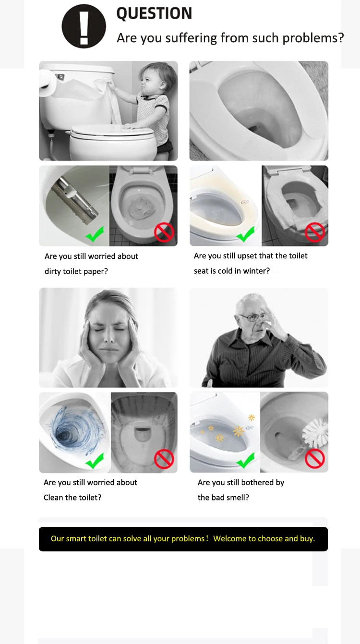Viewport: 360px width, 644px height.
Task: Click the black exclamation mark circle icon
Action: pyautogui.click(x=84, y=26)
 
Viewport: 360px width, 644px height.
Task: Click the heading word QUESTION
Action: pyautogui.click(x=154, y=13)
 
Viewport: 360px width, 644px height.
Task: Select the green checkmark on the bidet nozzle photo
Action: pyautogui.click(x=95, y=234)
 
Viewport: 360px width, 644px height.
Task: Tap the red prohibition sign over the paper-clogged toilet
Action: pyautogui.click(x=164, y=232)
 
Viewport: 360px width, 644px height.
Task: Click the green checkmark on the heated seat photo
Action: pyautogui.click(x=245, y=234)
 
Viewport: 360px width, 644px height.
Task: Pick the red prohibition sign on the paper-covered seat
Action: pyautogui.click(x=314, y=232)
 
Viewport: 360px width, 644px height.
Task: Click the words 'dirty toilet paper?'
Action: pyautogui.click(x=76, y=271)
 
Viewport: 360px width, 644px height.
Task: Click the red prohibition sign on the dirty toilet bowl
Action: pyautogui.click(x=164, y=459)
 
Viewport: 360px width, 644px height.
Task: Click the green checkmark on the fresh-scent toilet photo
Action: pyautogui.click(x=245, y=460)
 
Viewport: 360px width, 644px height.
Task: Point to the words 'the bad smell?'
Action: pyautogui.click(x=223, y=498)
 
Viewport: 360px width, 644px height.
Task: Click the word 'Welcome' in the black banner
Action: pyautogui.click(x=228, y=538)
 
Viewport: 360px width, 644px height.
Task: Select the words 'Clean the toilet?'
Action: pyautogui.click(x=72, y=498)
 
